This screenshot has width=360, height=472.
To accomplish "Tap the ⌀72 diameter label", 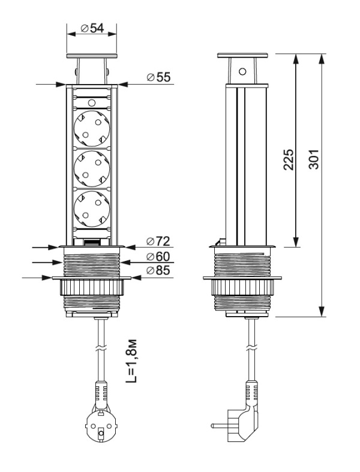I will point(158,241).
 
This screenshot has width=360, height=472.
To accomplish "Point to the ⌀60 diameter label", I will point(158,257).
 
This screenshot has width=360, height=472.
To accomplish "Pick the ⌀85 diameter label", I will point(158,271).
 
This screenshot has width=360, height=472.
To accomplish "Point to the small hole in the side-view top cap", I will point(242,71).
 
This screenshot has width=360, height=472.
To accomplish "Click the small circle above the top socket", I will point(91,103).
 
